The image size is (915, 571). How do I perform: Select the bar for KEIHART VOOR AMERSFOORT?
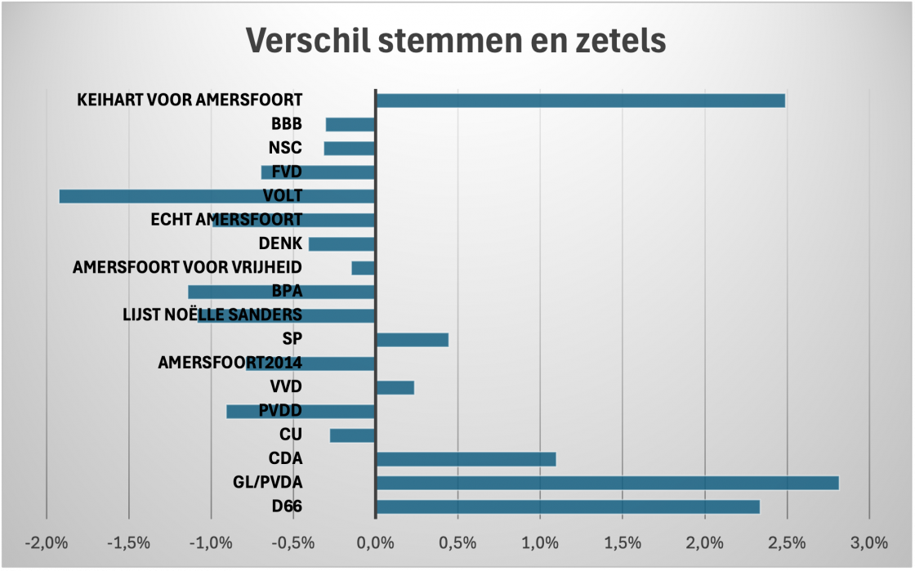(x=579, y=100)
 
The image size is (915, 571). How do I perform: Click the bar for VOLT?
(x=216, y=196)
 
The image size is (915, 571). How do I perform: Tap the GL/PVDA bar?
(x=606, y=483)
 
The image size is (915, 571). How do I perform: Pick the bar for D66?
(x=567, y=506)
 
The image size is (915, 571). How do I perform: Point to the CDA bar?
(x=465, y=459)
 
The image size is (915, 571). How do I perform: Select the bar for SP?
(x=412, y=340)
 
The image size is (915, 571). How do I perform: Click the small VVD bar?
(x=395, y=387)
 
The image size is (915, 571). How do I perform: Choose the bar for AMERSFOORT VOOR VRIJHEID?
(x=363, y=268)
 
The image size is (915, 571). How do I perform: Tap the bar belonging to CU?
(x=352, y=435)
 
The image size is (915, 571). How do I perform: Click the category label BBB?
(x=286, y=125)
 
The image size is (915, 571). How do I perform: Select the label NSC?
(x=285, y=149)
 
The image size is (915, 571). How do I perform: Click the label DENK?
(x=280, y=243)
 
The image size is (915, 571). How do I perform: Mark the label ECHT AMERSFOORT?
(x=226, y=220)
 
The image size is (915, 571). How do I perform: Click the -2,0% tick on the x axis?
(x=47, y=542)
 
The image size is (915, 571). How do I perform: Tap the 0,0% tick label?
(x=375, y=542)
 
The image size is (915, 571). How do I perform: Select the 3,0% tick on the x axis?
(x=868, y=542)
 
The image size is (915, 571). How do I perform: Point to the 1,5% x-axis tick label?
(x=622, y=542)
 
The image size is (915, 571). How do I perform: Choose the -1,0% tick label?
(x=211, y=542)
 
